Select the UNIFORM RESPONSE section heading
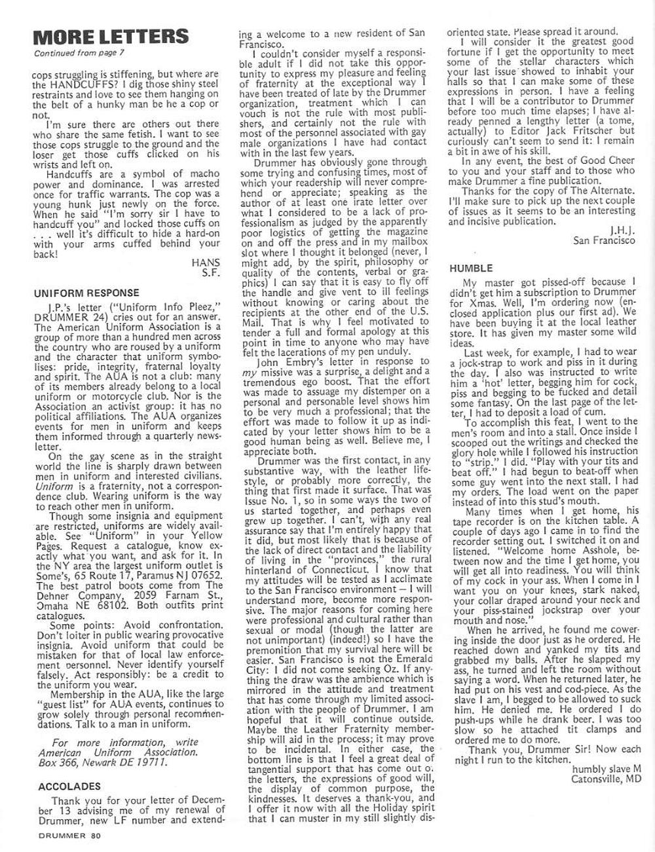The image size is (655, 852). click(86, 293)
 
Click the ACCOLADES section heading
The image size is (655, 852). click(69, 786)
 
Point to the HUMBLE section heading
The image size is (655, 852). click(471, 269)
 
